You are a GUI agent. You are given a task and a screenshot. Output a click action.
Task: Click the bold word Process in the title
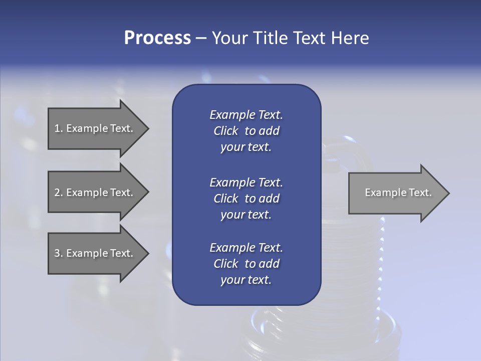157,38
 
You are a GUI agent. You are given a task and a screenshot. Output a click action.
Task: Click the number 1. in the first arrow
58,128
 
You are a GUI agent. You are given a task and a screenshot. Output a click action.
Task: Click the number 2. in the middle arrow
58,193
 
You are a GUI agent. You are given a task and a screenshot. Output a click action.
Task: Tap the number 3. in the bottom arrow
58,253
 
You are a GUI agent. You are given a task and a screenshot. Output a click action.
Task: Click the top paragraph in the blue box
246,131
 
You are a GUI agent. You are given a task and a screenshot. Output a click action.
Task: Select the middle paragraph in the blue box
246,199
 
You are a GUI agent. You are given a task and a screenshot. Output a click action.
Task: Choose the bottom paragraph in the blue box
246,264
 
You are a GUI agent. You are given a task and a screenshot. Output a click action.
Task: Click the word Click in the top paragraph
225,131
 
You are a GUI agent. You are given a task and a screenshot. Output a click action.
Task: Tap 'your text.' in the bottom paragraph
246,280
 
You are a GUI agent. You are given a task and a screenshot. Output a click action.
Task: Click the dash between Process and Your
201,38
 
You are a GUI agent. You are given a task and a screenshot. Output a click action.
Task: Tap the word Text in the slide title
309,38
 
